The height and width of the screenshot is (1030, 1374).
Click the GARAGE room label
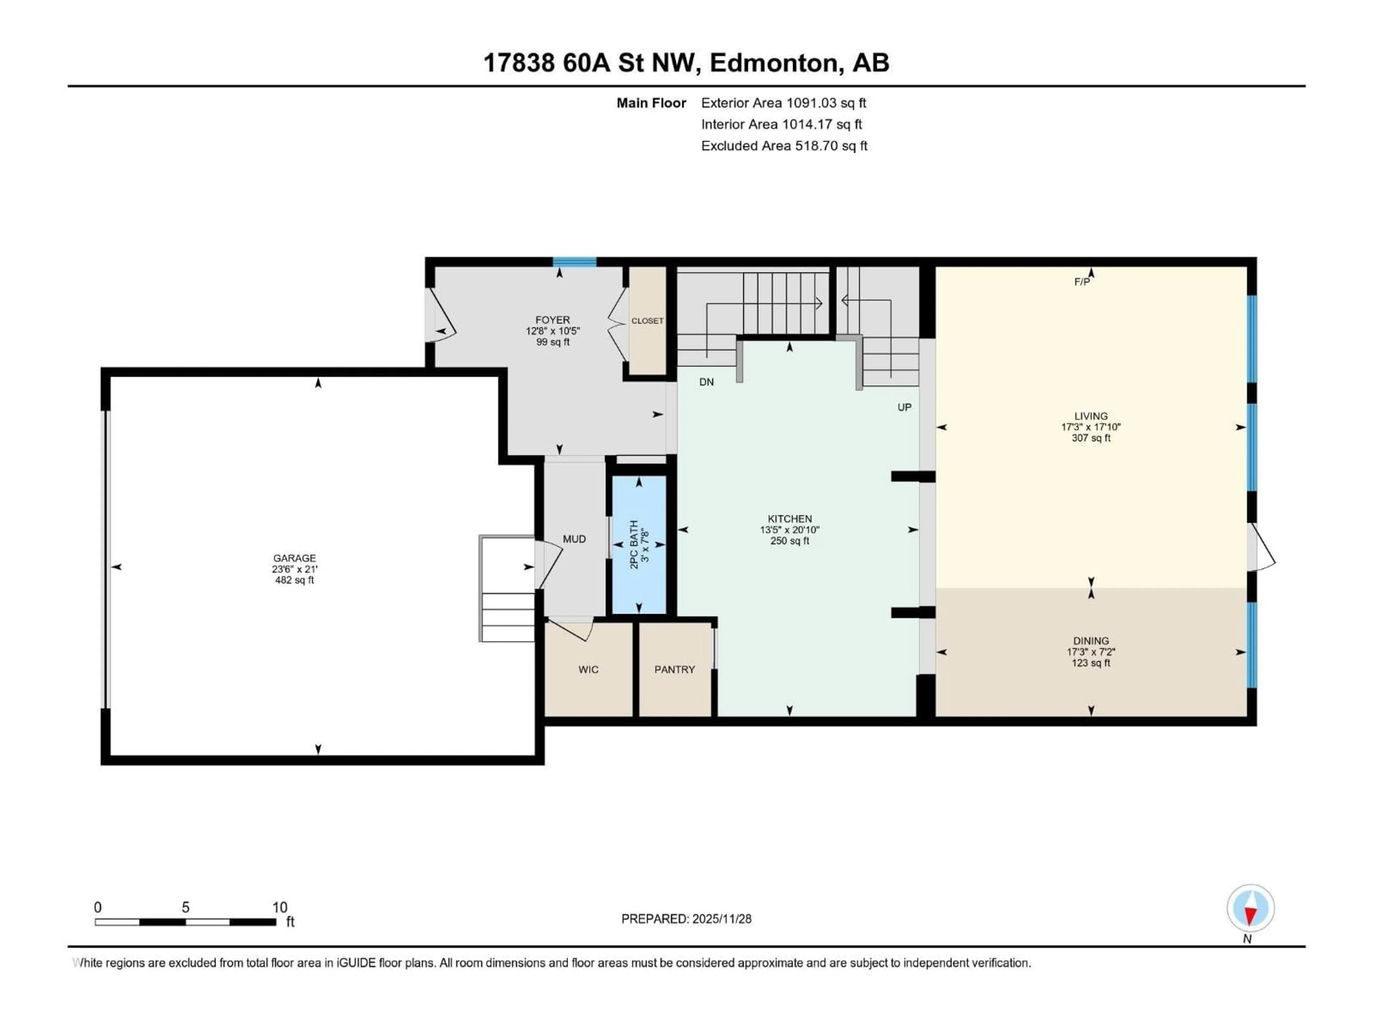[x=294, y=558]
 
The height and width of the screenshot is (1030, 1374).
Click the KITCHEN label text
[x=789, y=519]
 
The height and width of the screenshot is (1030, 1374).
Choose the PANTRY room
[x=674, y=669]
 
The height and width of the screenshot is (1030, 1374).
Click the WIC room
[x=588, y=669]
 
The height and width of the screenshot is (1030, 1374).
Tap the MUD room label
[x=574, y=539]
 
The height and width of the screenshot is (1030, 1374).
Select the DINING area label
[x=1091, y=641]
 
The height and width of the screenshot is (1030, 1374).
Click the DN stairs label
[x=706, y=382]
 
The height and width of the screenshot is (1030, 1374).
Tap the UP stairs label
[x=905, y=407]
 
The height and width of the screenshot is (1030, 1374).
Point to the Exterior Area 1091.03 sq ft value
[x=826, y=103]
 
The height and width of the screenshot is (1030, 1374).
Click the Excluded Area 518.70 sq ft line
[x=784, y=146]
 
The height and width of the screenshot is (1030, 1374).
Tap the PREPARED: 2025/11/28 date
[x=686, y=919]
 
